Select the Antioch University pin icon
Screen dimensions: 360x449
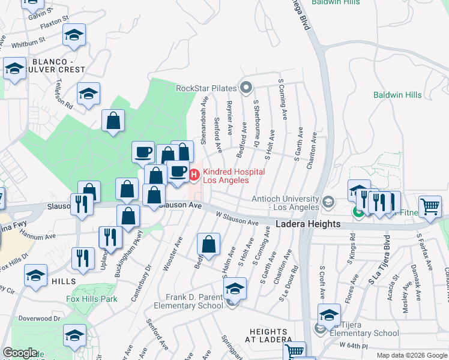click(x=327, y=201)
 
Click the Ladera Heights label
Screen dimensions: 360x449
click(x=308, y=224)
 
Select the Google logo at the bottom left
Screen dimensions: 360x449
click(x=20, y=353)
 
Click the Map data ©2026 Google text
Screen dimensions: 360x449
click(x=411, y=355)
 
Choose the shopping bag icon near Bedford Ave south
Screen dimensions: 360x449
click(x=208, y=245)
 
